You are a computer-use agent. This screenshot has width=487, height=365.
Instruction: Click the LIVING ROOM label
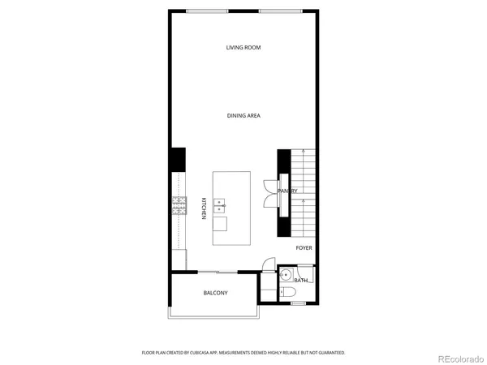tap(243, 48)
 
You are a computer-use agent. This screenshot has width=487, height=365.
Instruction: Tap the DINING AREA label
tap(243, 116)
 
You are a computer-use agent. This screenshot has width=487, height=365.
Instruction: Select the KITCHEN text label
tap(203, 208)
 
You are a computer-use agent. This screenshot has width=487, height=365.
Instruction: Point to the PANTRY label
tap(288, 191)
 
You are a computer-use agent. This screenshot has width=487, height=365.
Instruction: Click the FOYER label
tap(304, 248)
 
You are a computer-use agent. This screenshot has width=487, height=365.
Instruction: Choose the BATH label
tap(300, 281)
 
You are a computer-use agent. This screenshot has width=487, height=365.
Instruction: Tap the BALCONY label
tap(215, 293)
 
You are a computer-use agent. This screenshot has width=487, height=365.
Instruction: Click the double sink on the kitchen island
tap(219, 207)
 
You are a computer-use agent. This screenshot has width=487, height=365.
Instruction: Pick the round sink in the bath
tap(285, 273)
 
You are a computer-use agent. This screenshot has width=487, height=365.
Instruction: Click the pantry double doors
tap(270, 191)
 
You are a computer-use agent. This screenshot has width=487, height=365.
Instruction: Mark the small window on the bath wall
tap(298, 303)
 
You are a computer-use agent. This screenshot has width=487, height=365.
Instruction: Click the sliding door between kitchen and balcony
tap(217, 272)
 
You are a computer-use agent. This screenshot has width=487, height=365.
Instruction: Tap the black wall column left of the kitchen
tap(178, 159)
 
